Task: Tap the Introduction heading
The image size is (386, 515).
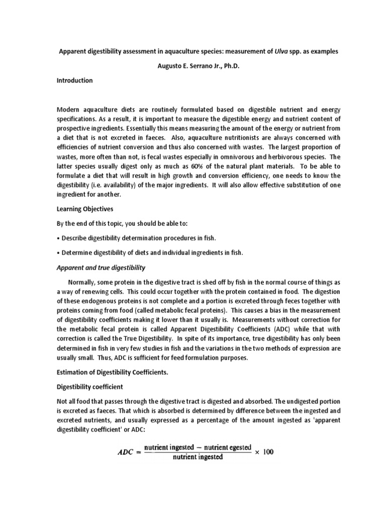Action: pos(74,80)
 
